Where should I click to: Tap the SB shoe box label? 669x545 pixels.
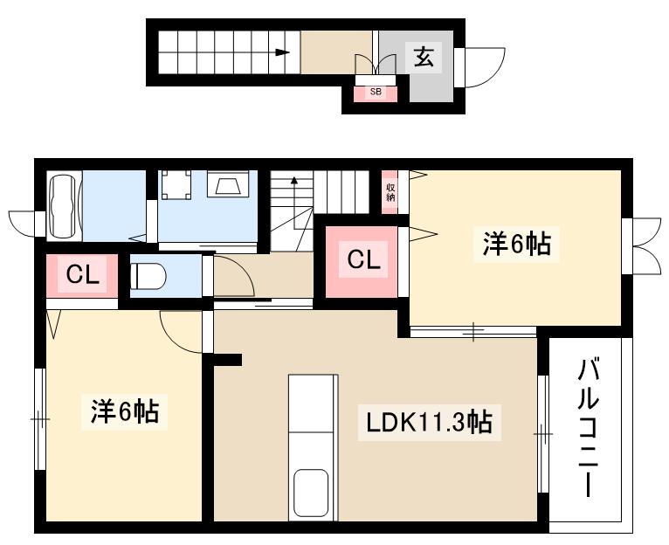[376, 91]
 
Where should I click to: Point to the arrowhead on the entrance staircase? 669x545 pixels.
[282, 52]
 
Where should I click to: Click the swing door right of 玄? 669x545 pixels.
[483, 66]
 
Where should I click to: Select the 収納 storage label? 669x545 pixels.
[390, 191]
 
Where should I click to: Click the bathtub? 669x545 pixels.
[61, 205]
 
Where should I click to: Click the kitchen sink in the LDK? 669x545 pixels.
[311, 493]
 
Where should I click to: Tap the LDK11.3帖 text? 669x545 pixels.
[428, 423]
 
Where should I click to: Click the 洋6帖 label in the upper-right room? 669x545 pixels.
[516, 244]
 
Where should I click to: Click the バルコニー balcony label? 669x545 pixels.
[589, 428]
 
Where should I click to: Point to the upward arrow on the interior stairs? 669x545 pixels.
[295, 182]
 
